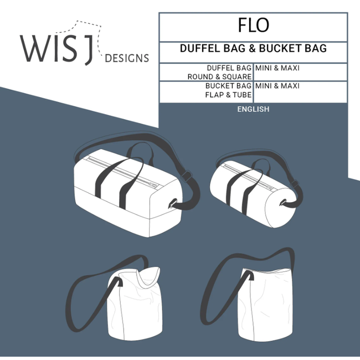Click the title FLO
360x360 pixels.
coord(254,25)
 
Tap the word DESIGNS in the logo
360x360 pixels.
coord(127,58)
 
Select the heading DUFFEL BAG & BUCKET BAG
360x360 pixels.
coord(253,49)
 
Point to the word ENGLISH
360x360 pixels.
coord(253,109)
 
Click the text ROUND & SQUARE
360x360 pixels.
coord(219,76)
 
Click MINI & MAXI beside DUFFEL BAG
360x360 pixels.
coord(277,68)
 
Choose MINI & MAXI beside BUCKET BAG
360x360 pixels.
coord(277,86)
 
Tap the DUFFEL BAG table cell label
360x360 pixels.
coord(229,68)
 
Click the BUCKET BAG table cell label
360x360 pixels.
coord(228,86)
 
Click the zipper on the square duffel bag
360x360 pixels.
coord(127,168)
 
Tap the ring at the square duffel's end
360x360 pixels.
coord(173,203)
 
